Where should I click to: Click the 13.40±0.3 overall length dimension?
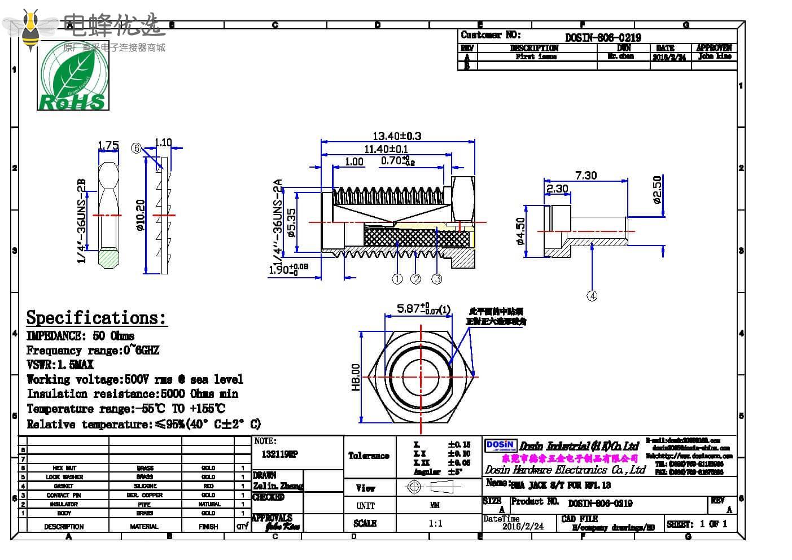[396, 136]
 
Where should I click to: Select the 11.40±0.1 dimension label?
[386, 149]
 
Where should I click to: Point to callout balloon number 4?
[592, 296]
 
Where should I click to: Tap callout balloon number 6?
[136, 148]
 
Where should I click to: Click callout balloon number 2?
[416, 279]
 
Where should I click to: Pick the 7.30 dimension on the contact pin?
[585, 176]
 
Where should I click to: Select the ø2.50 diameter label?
[657, 190]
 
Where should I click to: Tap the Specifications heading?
[97, 318]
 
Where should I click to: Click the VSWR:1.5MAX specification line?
[60, 365]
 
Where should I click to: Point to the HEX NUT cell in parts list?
[64, 468]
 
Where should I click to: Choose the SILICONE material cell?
[145, 486]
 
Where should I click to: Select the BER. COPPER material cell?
[145, 495]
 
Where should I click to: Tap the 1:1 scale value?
[435, 523]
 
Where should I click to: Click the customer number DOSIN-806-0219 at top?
[603, 38]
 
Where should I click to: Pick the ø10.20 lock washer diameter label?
[141, 215]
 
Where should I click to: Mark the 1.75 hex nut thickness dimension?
[108, 146]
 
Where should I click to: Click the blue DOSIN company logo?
[500, 446]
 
